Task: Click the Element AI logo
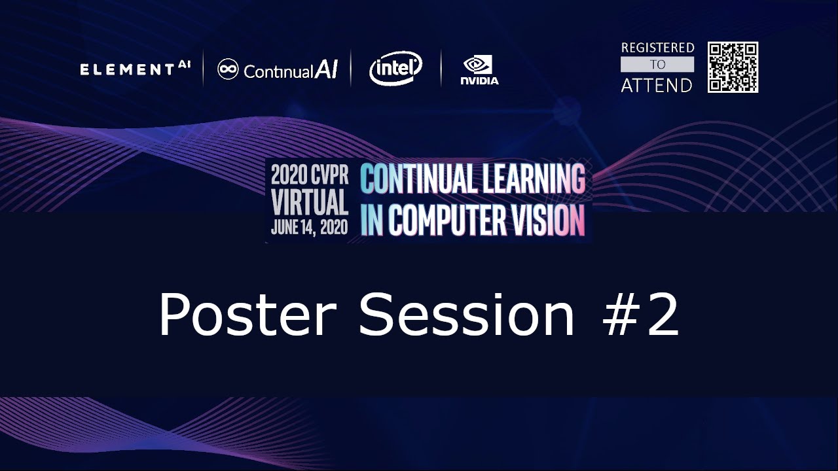[x=135, y=69]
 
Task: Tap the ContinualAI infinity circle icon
[x=228, y=69]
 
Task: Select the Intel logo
[x=395, y=68]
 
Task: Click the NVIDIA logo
[x=479, y=70]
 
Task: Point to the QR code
[x=733, y=67]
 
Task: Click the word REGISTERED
[x=657, y=48]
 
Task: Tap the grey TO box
[x=657, y=64]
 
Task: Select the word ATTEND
[x=657, y=85]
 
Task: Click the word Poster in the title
[x=247, y=315]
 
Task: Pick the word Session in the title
[x=466, y=315]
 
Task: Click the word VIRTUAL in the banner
[x=310, y=202]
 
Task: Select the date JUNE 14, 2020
[x=310, y=228]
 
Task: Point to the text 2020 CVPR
[x=310, y=175]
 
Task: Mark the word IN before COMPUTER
[x=372, y=220]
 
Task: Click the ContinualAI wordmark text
[x=291, y=70]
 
